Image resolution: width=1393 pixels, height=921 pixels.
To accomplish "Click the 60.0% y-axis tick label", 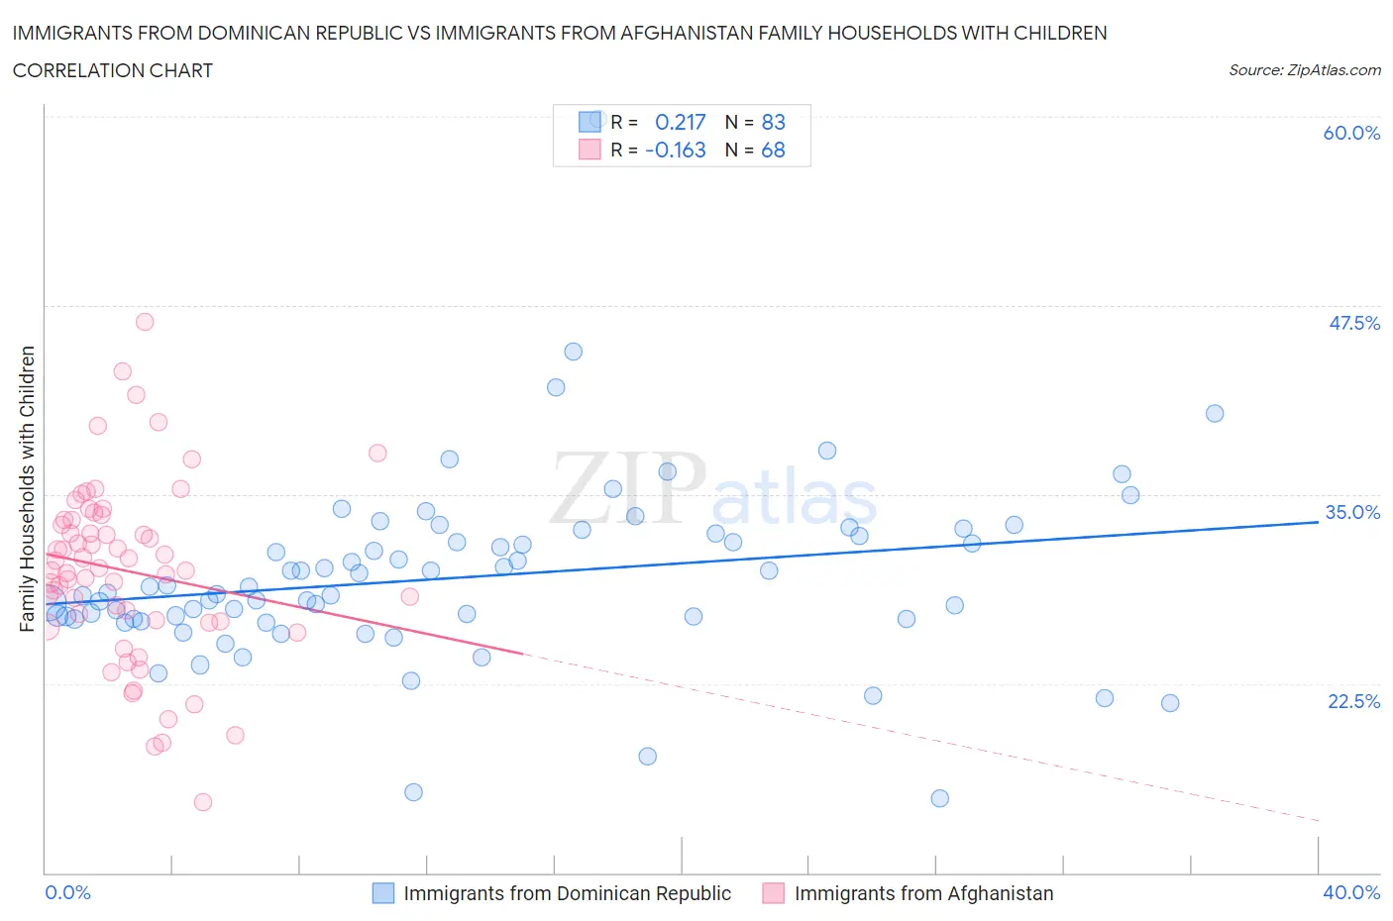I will (1350, 133).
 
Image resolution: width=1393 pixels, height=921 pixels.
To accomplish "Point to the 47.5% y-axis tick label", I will (1353, 323).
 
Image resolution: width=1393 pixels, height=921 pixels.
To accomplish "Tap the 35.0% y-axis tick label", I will (1352, 512).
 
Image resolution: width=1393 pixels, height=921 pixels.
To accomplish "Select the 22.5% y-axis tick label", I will (1353, 701).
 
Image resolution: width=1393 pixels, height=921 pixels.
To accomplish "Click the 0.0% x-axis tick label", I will (67, 892).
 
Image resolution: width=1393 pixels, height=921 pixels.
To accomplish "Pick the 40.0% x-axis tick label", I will (1351, 892).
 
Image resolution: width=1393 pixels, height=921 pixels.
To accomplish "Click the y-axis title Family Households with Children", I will (27, 488).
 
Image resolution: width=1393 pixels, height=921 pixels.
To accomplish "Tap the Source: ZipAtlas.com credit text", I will (1304, 69).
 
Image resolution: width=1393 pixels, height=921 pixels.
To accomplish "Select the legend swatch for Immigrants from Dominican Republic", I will (383, 893).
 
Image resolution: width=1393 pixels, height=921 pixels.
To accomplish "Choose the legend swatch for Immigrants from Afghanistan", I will (774, 893).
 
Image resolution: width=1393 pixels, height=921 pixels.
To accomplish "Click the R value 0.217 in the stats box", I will (680, 122).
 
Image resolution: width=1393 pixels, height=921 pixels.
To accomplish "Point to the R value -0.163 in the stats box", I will (675, 150).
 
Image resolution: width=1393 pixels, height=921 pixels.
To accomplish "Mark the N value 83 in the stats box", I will (773, 122).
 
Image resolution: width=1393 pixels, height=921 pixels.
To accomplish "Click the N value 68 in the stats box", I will (773, 150).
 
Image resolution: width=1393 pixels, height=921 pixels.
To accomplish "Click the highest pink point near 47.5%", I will (145, 321).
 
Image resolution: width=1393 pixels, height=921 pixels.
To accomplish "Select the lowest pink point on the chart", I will (203, 802).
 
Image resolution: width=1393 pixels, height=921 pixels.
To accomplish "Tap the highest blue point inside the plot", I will (573, 352).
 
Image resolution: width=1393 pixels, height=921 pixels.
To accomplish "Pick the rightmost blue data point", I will (1215, 414).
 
